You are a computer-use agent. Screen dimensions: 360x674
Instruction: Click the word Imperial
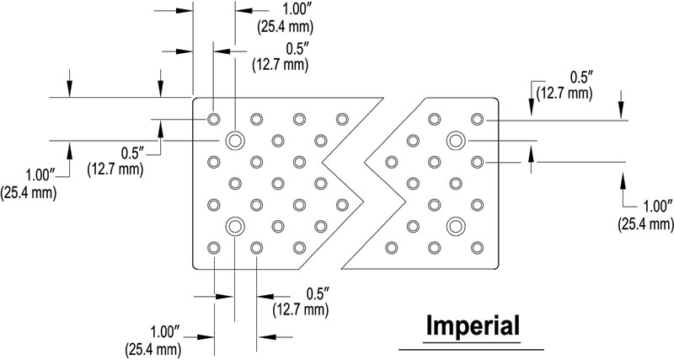pyautogui.click(x=472, y=325)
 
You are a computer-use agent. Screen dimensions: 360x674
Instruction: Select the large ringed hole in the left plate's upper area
pyautogui.click(x=234, y=139)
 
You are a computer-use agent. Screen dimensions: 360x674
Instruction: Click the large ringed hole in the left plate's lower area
pyautogui.click(x=234, y=226)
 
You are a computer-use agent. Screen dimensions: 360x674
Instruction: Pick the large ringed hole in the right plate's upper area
pyautogui.click(x=456, y=139)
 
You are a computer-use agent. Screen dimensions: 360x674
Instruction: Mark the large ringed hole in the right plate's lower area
pyautogui.click(x=456, y=225)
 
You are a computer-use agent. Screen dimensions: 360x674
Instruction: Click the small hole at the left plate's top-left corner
pyautogui.click(x=213, y=118)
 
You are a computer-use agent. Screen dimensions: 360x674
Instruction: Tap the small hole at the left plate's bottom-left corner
pyautogui.click(x=213, y=248)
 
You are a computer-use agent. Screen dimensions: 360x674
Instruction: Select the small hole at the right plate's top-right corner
pyautogui.click(x=478, y=118)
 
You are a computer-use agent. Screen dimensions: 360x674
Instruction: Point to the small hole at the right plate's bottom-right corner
pyautogui.click(x=478, y=248)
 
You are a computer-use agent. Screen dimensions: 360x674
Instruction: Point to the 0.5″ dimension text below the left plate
pyautogui.click(x=317, y=293)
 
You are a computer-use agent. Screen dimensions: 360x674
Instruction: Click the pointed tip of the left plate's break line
pyautogui.click(x=367, y=203)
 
